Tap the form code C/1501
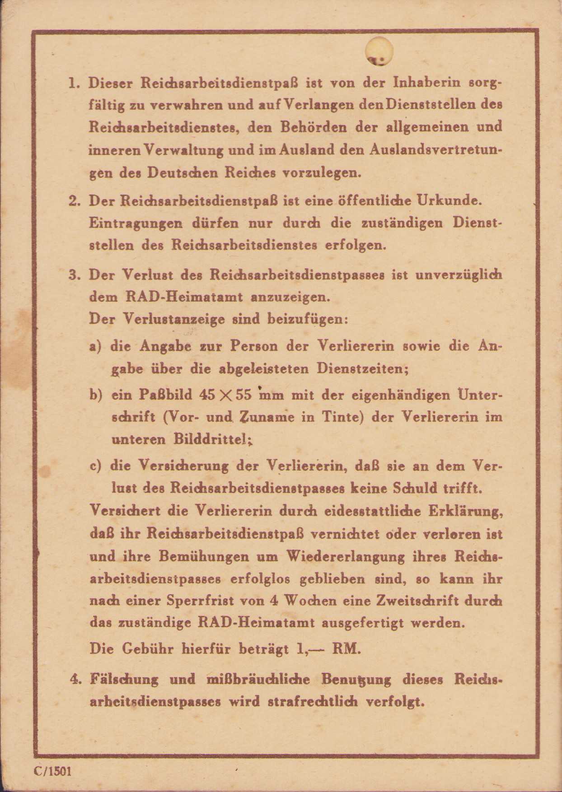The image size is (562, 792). [52, 771]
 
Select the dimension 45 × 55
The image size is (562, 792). [225, 395]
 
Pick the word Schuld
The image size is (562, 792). [417, 488]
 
